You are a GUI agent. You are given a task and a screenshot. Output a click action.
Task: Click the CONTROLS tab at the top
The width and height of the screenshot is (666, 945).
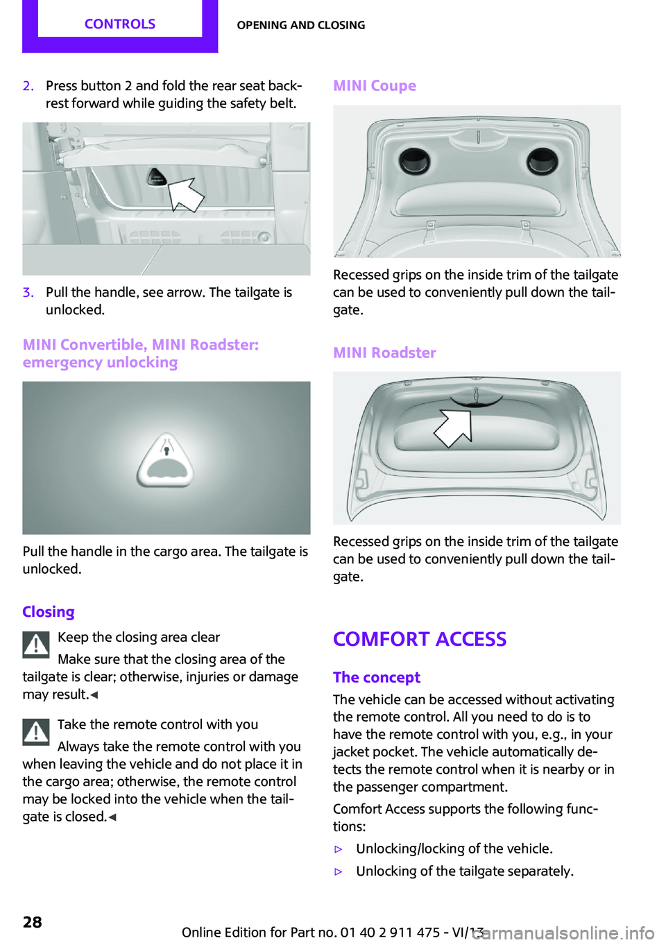click(x=120, y=24)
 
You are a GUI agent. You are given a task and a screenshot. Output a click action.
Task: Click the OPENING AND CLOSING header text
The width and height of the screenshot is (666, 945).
click(x=300, y=25)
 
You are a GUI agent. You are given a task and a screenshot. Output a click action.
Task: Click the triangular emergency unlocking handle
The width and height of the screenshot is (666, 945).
click(x=165, y=459)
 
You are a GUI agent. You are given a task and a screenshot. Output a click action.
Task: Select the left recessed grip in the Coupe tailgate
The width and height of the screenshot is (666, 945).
click(x=414, y=162)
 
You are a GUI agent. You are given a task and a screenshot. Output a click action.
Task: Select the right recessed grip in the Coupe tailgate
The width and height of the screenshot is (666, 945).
click(x=543, y=162)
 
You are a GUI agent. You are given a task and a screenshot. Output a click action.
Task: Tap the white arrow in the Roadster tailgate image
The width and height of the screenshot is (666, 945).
click(x=454, y=428)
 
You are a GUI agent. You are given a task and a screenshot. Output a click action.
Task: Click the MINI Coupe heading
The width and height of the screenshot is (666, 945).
click(x=375, y=85)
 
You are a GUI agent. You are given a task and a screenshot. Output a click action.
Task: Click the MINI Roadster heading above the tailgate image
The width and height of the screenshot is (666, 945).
click(x=384, y=352)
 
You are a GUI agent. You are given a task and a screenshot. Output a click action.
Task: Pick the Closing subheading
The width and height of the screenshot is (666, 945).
click(x=49, y=612)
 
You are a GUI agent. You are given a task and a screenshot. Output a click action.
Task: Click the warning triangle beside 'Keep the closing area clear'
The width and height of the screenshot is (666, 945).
click(x=36, y=645)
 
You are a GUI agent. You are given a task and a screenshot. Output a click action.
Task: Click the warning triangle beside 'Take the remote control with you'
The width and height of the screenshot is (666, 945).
click(x=36, y=733)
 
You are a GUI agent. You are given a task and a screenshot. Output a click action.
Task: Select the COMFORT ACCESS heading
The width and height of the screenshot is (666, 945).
click(x=420, y=639)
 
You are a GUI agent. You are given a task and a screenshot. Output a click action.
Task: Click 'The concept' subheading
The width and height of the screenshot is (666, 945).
click(x=377, y=678)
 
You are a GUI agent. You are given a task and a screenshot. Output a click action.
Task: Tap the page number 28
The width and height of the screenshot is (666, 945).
click(x=32, y=923)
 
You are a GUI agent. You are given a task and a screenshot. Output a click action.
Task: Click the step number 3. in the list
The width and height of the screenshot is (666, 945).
click(x=28, y=292)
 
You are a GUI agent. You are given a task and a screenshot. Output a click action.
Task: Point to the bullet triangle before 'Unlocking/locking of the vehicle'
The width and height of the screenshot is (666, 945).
click(x=337, y=849)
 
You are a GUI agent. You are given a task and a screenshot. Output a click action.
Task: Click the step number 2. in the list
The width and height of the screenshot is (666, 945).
click(x=28, y=86)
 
